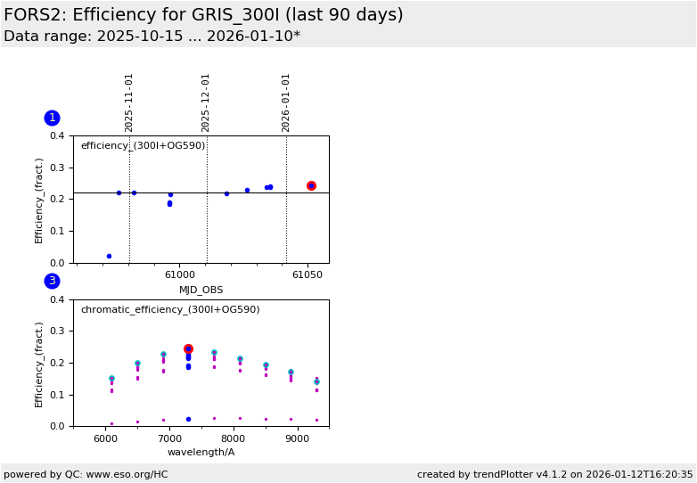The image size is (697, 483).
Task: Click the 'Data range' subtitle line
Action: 152,37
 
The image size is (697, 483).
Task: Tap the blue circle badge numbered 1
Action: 52,118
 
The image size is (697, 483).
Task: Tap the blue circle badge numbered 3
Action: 52,281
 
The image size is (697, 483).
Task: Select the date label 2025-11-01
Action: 129,102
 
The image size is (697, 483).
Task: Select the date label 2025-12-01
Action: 206,102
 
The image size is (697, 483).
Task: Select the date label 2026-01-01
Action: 286,102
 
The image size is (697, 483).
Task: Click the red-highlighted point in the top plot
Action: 311,185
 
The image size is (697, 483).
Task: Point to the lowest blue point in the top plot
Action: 109,256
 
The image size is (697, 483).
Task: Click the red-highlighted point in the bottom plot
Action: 188,349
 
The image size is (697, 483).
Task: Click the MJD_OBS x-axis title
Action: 201,290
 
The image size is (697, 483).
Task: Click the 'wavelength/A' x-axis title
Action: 201,453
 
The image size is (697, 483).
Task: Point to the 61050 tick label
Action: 307,274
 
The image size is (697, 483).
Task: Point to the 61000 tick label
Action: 179,274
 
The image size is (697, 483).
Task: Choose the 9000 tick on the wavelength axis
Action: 297,438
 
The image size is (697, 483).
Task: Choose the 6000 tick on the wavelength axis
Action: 105,438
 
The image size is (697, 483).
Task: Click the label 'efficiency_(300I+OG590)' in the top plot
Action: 143,146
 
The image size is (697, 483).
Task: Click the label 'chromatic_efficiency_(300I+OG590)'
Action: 170,310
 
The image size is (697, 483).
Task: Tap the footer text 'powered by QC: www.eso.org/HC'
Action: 86,474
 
